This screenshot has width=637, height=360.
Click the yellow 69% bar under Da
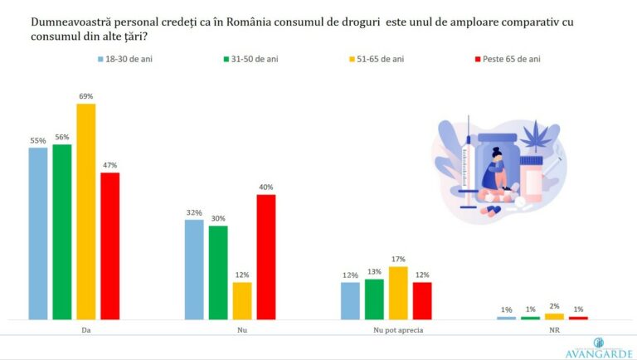86,212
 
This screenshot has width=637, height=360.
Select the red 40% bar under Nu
265,257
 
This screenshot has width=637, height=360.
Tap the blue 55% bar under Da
38,233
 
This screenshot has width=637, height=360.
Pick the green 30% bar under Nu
218,272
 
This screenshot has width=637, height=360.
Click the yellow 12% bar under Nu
242,300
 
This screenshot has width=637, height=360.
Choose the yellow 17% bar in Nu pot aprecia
398,293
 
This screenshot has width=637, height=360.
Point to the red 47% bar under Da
110,246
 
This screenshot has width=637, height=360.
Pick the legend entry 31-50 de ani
250,60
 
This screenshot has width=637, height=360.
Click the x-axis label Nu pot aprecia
387,329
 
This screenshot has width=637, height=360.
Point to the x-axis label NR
542,329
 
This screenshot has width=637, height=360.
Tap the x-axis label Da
75,329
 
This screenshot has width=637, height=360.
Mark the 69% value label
86,96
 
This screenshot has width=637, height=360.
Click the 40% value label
265,187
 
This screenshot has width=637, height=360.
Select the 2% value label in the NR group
554,306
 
